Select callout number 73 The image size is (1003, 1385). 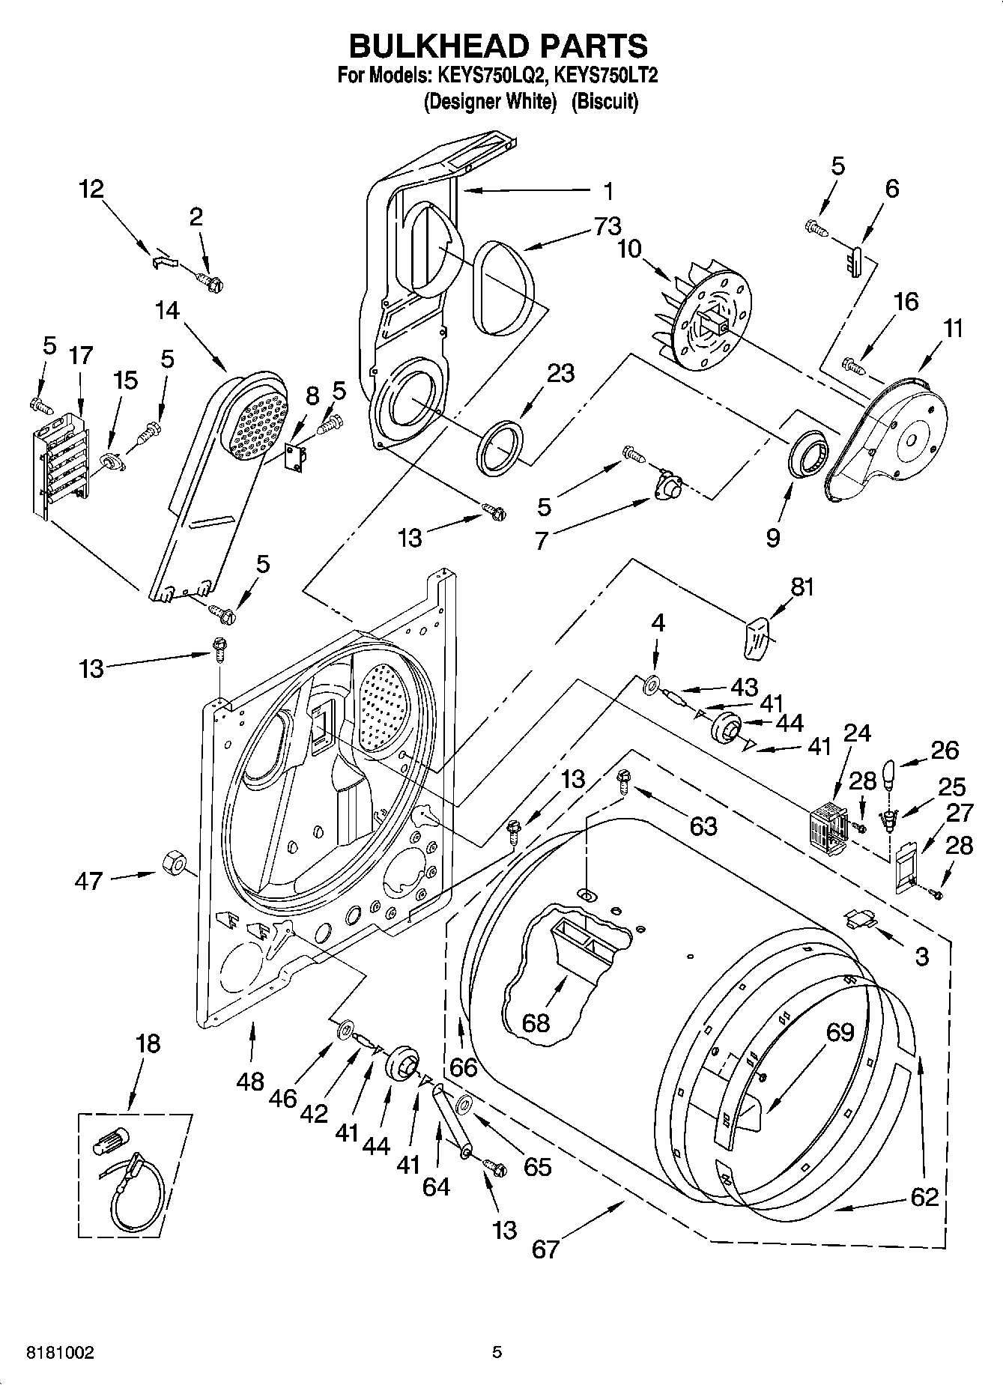[x=608, y=226]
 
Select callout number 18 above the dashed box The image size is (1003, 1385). [x=148, y=1043]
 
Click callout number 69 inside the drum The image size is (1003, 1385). [x=840, y=1032]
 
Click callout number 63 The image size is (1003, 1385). [x=703, y=826]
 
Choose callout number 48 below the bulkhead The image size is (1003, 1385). [x=250, y=1081]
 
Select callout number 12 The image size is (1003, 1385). [x=91, y=190]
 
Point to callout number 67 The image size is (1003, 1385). [x=545, y=1249]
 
